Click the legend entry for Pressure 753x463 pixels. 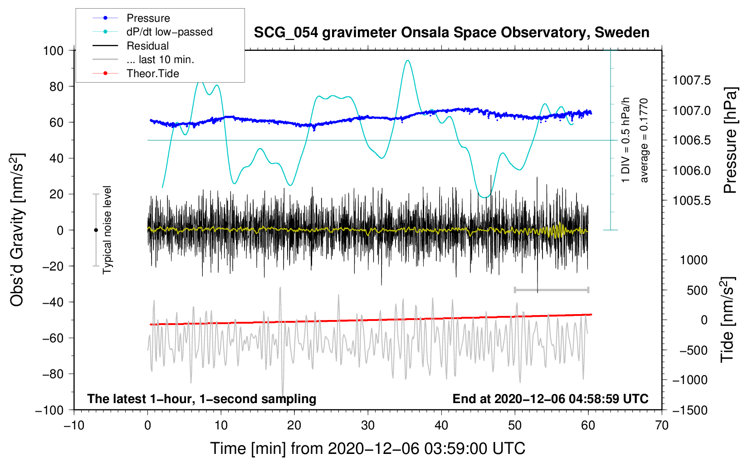click(x=132, y=18)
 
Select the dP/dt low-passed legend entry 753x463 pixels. click(x=152, y=32)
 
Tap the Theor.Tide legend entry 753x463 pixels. click(x=136, y=74)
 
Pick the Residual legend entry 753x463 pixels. click(x=131, y=46)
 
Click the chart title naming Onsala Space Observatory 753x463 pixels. click(x=451, y=33)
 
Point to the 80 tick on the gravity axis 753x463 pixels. click(x=56, y=87)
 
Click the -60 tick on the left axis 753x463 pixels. click(x=53, y=338)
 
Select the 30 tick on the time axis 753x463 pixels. click(x=368, y=425)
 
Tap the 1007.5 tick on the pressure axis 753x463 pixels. click(x=692, y=80)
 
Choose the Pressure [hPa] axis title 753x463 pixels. click(x=730, y=140)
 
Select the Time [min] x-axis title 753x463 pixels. click(x=368, y=448)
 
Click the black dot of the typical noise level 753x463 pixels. click(x=96, y=230)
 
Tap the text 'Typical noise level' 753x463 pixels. click(x=107, y=230)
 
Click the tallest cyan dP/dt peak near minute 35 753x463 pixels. click(x=408, y=60)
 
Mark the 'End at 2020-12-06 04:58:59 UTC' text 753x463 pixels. click(x=550, y=399)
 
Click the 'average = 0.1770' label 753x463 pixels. click(x=644, y=140)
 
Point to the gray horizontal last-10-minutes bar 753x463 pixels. click(x=551, y=290)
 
